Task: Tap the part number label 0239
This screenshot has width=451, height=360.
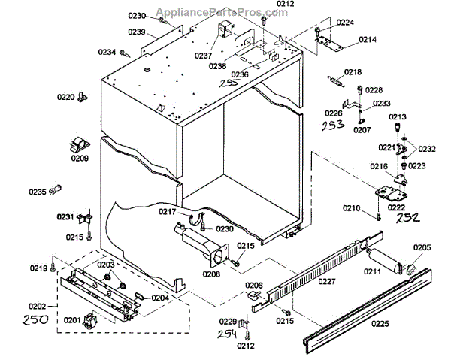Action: pos(137,32)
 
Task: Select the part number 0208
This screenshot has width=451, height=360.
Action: pos(210,275)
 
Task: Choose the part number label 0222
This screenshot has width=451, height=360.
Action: pos(398,207)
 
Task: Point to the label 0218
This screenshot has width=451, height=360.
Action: pos(353,72)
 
